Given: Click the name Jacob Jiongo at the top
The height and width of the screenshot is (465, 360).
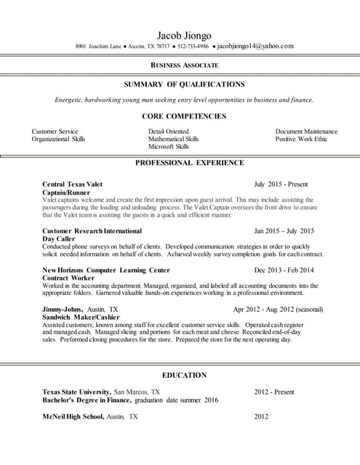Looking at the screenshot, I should [x=184, y=35].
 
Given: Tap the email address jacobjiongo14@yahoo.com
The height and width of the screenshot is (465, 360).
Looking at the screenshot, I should [x=255, y=46].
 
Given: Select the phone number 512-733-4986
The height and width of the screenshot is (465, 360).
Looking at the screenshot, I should [x=192, y=46].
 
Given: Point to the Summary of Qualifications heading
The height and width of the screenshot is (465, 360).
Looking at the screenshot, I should [x=184, y=84].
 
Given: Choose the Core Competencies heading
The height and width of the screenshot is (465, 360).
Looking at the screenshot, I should [x=184, y=116].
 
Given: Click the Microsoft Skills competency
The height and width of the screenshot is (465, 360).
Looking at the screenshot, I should [x=169, y=146].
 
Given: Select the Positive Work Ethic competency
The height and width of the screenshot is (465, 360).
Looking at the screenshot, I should [x=301, y=139].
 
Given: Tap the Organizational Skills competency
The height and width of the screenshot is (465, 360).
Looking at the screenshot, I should [x=58, y=139].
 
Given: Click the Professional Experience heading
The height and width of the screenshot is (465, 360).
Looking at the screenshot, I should [x=189, y=163].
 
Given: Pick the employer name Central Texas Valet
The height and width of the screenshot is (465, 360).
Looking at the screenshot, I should [x=73, y=185].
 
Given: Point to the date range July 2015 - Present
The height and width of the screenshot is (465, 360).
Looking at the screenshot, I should [x=281, y=185].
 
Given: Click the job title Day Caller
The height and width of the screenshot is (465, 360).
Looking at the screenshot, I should [x=59, y=238].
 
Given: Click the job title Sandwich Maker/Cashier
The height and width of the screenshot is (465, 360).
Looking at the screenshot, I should [x=80, y=317].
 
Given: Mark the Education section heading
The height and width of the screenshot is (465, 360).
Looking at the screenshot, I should [x=184, y=375].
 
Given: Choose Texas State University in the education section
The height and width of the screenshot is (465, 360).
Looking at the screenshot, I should [x=76, y=392].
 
